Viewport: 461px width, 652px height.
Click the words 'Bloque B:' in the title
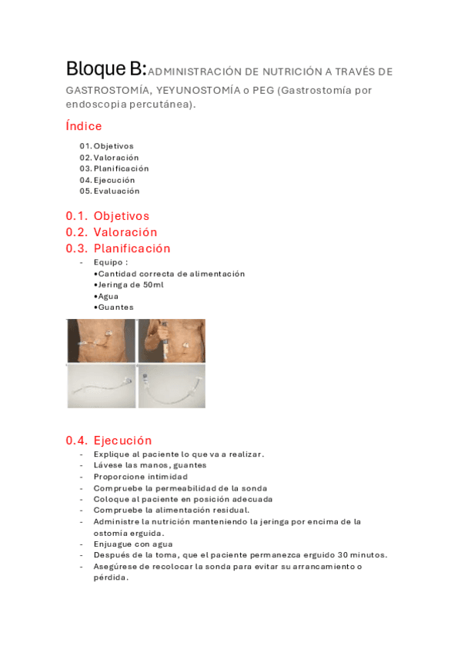click(105, 68)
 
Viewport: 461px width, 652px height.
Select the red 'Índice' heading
click(84, 126)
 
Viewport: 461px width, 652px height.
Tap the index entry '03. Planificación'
click(114, 168)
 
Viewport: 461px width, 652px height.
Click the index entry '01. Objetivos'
click(106, 146)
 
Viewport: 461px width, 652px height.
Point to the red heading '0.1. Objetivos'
click(108, 216)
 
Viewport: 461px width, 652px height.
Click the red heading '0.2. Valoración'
click(112, 232)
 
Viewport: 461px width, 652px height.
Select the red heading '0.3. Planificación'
click(118, 248)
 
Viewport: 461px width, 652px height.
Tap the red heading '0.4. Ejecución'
click(109, 441)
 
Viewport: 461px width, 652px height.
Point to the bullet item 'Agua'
click(109, 296)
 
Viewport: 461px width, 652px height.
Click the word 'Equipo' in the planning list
click(108, 262)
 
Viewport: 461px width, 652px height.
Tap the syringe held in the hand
click(164, 347)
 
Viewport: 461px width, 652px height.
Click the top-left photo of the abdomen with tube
click(100, 341)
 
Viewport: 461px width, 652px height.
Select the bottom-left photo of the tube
click(100, 386)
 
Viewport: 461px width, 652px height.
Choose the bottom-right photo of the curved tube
click(172, 386)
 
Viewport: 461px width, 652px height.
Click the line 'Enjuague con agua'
click(133, 544)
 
